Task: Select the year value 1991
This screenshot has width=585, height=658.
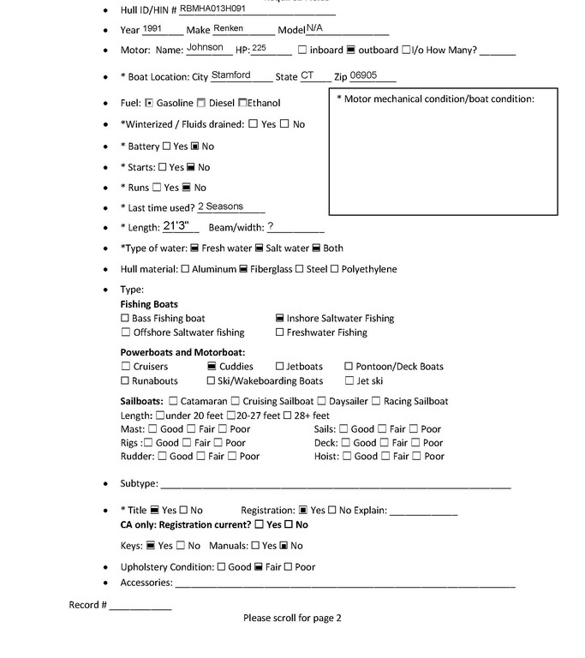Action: [x=152, y=28]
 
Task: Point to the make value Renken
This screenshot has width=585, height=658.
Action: [x=228, y=28]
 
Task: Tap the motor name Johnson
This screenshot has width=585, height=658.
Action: [x=205, y=48]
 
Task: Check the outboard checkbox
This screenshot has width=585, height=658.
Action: [x=351, y=51]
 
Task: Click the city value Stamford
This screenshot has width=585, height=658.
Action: [x=230, y=75]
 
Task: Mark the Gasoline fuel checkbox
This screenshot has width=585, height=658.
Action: [x=149, y=104]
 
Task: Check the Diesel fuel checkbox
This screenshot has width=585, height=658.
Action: [x=201, y=104]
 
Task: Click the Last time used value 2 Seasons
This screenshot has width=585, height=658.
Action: [x=220, y=206]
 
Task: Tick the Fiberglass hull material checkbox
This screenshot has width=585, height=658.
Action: [x=243, y=270]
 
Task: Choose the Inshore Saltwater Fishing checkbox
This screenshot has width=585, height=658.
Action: [x=280, y=319]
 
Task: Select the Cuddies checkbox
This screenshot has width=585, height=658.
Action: [x=212, y=367]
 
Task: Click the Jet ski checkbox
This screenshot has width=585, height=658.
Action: [x=349, y=381]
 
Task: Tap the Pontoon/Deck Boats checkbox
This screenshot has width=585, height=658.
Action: [x=349, y=367]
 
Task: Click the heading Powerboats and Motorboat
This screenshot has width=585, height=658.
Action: [x=182, y=352]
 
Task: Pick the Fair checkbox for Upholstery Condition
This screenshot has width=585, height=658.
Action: [x=258, y=567]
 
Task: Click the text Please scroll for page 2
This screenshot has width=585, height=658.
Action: [x=292, y=618]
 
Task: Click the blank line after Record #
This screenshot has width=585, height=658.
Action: [x=140, y=606]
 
